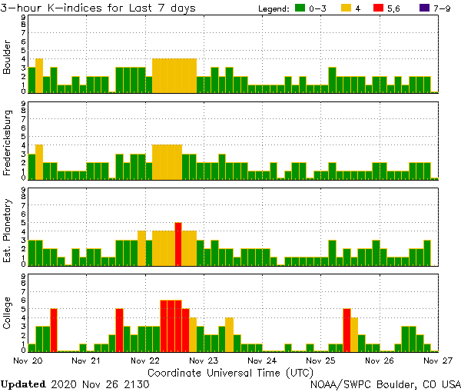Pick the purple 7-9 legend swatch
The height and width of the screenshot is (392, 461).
coord(427,8)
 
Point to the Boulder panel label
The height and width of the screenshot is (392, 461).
coord(8,58)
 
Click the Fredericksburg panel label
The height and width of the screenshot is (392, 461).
coord(8,144)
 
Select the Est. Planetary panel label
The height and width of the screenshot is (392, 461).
coord(8,230)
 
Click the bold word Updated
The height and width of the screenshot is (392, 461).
coord(22,384)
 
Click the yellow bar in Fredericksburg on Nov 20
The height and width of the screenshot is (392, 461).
coord(39,161)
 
